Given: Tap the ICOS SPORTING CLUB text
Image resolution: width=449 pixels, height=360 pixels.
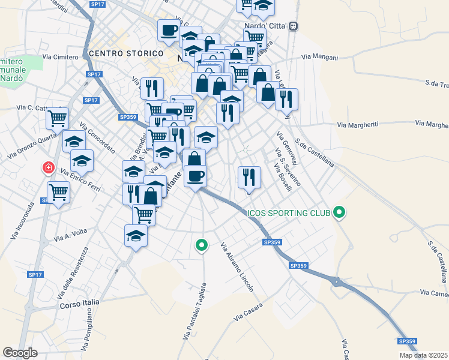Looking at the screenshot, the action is [x=289, y=213].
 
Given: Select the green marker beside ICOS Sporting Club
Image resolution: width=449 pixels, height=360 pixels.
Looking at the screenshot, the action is [x=340, y=212].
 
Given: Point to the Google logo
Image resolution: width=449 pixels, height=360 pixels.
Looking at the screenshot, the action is [x=20, y=353].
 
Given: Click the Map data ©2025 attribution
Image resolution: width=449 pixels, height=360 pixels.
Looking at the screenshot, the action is [x=424, y=355].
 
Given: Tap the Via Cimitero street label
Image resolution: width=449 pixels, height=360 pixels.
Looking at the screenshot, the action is [x=61, y=58].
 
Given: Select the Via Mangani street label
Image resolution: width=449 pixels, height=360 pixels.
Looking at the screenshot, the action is [x=319, y=58].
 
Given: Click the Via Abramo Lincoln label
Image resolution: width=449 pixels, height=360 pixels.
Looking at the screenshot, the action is [x=237, y=267].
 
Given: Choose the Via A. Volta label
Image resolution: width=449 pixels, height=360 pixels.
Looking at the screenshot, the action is [x=71, y=233].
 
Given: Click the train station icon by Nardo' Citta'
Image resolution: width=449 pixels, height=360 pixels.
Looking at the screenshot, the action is [x=294, y=26].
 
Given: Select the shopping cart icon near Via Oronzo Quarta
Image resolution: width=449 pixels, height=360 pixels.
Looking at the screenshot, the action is [x=57, y=118].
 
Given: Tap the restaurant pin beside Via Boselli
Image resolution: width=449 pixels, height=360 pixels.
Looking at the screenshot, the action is [x=249, y=177].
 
